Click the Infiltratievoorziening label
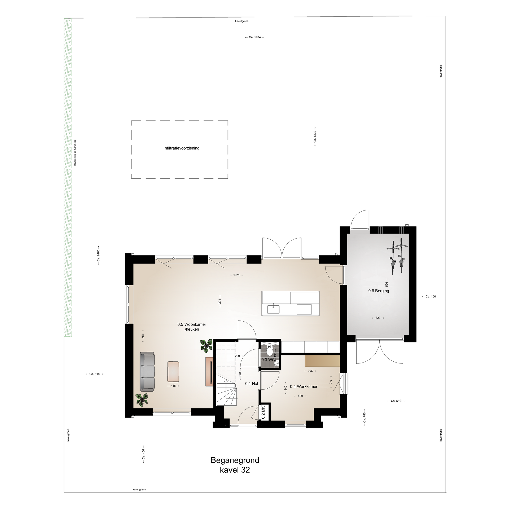pyautogui.click(x=181, y=148)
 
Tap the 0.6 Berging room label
pyautogui.click(x=379, y=291)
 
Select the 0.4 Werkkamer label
pyautogui.click(x=304, y=387)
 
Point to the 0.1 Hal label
pyautogui.click(x=252, y=383)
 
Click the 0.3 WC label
pyautogui.click(x=268, y=360)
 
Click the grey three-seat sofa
pyautogui.click(x=147, y=372)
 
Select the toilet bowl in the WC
pyautogui.click(x=270, y=352)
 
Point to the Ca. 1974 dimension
pyautogui.click(x=255, y=37)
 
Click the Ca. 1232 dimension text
pyautogui.click(x=315, y=137)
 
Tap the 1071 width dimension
pyautogui.click(x=236, y=275)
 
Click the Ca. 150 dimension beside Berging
pyautogui.click(x=431, y=296)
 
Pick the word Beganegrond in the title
pyautogui.click(x=235, y=460)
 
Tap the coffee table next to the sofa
pyautogui.click(x=173, y=371)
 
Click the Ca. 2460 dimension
pyautogui.click(x=98, y=255)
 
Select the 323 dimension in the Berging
pyautogui.click(x=378, y=318)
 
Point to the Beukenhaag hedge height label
pyautogui.click(x=75, y=153)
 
